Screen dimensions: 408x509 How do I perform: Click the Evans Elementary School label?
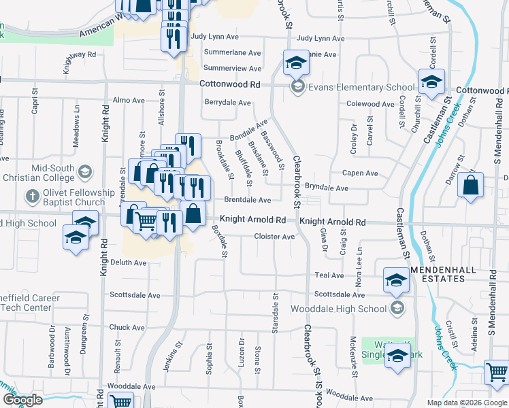(x=361, y=87)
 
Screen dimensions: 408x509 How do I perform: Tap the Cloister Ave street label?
(x=274, y=237)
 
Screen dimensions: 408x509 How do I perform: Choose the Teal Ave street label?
(x=329, y=275)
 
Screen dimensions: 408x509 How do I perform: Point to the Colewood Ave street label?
(x=371, y=104)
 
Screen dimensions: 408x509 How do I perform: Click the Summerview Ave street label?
(x=232, y=69)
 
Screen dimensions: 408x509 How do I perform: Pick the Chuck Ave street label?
(x=127, y=327)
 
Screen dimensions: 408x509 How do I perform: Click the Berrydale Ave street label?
(x=229, y=102)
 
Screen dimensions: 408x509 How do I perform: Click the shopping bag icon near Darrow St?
(x=471, y=185)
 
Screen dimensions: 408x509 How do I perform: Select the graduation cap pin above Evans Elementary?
(x=296, y=64)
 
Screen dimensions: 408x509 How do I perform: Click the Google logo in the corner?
(x=22, y=400)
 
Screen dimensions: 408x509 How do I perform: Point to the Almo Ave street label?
(x=129, y=100)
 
